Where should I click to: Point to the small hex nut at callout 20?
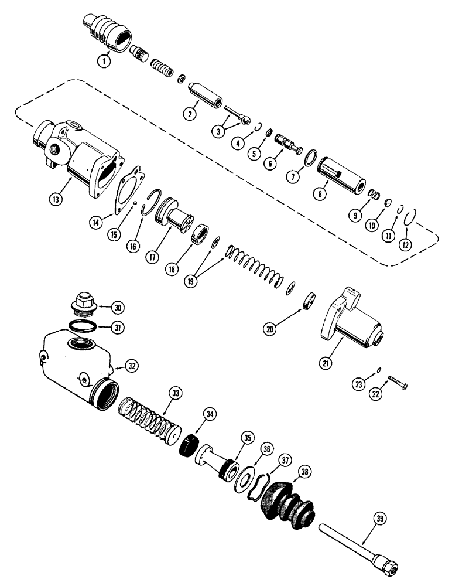click(309, 305)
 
